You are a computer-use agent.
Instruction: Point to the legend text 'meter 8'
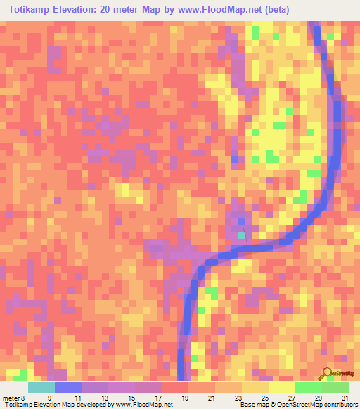click(x=15, y=397)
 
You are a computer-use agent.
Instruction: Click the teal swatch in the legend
click(x=41, y=387)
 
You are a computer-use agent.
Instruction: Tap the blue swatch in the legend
click(x=68, y=387)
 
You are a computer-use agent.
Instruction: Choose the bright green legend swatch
click(x=308, y=387)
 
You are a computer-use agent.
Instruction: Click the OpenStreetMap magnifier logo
click(x=326, y=374)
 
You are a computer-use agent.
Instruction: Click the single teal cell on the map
click(x=242, y=235)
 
